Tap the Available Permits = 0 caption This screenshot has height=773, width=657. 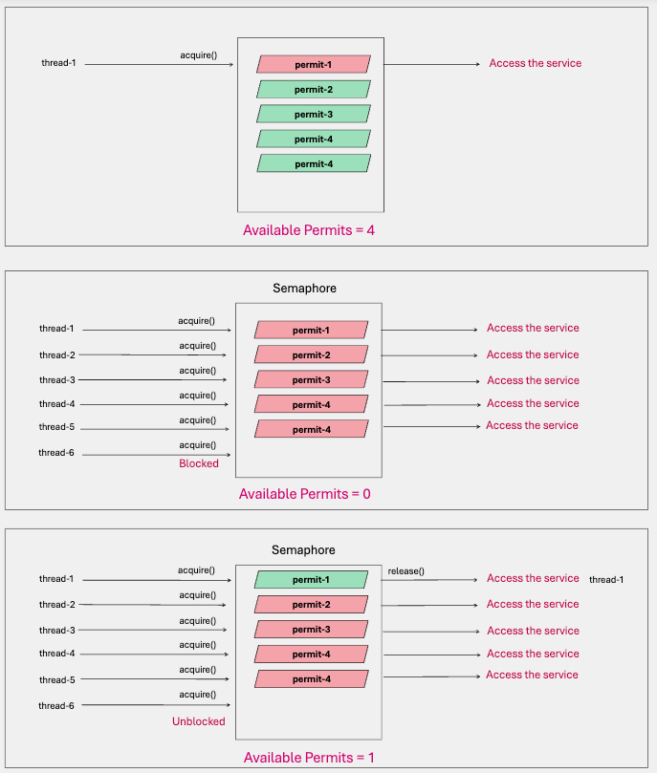point(305,494)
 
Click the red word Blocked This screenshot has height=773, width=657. point(199,463)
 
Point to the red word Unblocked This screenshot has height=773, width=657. point(199,721)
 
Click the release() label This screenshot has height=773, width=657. point(406,571)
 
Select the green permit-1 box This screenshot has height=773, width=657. point(311,580)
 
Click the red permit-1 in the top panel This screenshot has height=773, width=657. point(314,64)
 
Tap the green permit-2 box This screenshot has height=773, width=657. point(314,89)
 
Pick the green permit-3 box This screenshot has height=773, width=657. point(314,114)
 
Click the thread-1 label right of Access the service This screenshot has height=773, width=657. point(606,580)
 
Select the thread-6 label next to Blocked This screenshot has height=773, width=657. point(56,453)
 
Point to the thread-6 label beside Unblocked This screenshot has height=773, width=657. point(56,706)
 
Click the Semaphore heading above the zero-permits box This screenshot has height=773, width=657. point(304,288)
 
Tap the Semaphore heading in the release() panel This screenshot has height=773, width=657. point(304,550)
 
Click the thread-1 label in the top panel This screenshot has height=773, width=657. point(58,64)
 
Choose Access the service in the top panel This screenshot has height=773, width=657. point(535,63)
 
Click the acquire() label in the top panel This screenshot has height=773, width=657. point(198,54)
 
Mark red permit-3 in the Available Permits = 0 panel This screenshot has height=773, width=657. point(311,379)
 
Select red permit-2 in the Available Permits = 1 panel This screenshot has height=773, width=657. point(311,605)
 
